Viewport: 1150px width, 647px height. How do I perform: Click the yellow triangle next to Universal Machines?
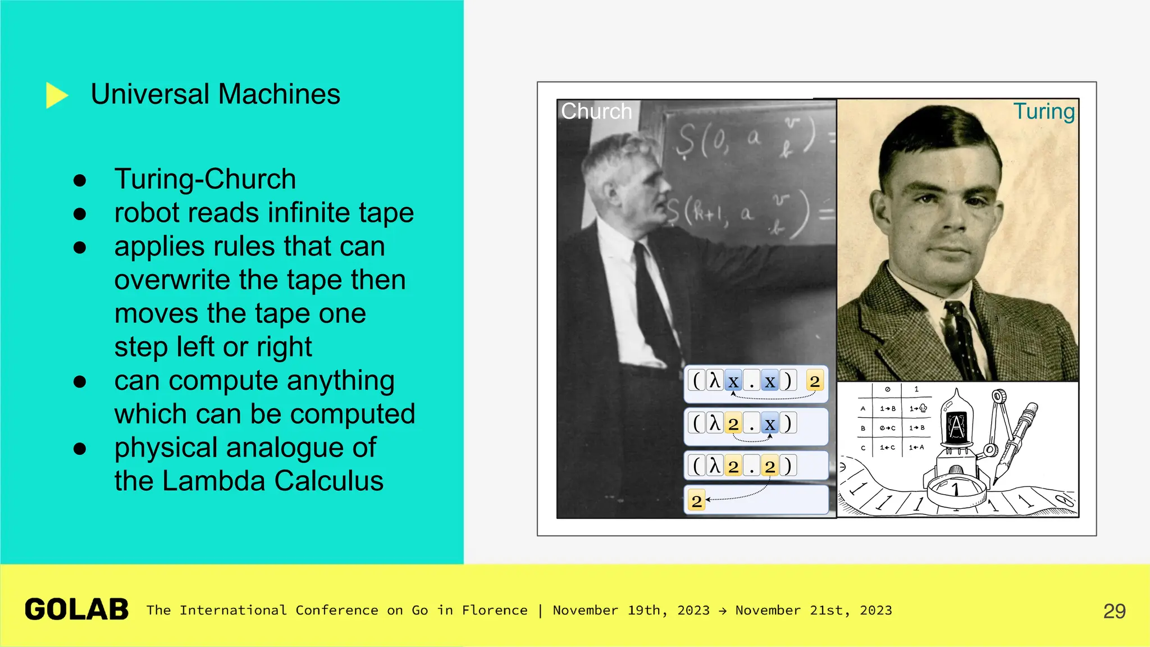[x=56, y=95]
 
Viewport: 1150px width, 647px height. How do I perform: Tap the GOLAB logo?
[x=77, y=609]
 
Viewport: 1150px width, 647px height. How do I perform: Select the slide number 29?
[x=1114, y=611]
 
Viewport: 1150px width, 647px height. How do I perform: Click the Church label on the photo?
[x=596, y=111]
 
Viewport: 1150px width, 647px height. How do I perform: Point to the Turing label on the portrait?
[x=1043, y=111]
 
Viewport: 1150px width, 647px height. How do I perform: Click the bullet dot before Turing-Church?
[x=80, y=180]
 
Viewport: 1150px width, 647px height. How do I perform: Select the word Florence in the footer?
[x=494, y=610]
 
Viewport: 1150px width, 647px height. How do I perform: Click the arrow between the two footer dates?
[x=723, y=610]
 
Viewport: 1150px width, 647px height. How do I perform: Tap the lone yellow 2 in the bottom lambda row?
[x=696, y=500]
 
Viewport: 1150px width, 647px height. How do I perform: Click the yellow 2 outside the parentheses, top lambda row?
[x=814, y=381]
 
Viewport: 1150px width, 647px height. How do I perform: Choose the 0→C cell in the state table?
[x=887, y=428]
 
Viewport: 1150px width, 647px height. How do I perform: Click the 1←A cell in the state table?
[x=916, y=448]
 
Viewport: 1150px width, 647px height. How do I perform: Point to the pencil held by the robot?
[x=1016, y=438]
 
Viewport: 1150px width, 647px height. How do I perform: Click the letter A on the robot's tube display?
[x=957, y=426]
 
